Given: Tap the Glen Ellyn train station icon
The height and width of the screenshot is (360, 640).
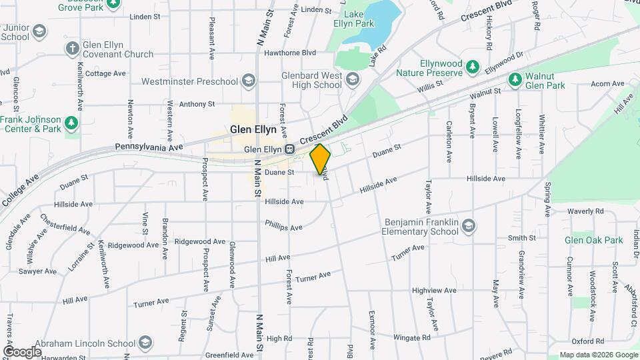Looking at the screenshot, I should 289,149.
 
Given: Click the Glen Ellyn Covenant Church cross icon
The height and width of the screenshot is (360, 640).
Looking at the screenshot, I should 72,48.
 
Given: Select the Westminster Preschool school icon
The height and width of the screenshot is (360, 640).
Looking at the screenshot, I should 249,81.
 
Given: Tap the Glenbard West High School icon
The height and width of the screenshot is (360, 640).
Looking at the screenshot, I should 353,80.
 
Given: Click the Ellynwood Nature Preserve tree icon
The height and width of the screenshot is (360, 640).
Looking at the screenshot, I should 473,67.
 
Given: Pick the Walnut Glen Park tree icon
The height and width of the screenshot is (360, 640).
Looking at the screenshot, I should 515,80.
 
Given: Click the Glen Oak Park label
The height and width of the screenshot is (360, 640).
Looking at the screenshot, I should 593,240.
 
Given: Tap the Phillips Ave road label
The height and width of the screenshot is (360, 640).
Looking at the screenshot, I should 284,227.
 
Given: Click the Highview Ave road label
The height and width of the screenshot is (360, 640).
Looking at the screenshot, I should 434,290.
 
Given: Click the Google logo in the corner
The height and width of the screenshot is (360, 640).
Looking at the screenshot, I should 23,351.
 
